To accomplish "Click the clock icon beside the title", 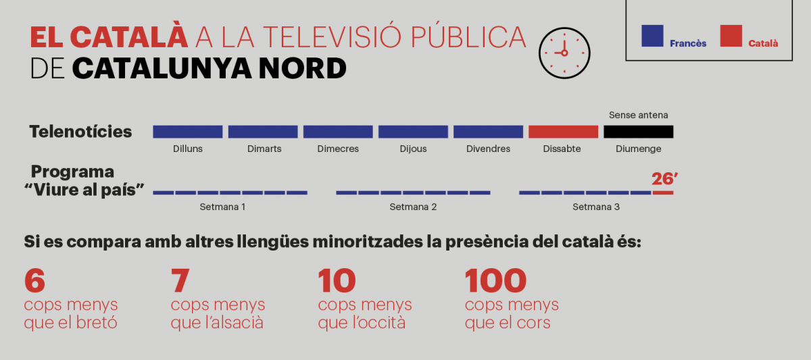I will coord(564,53).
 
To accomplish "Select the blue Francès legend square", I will coord(652,35).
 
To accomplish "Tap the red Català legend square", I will coord(731,35).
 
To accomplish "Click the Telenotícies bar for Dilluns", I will coord(187,132).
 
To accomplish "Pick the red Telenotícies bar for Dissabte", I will coord(563,132).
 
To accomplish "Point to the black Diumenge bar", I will coord(638,132).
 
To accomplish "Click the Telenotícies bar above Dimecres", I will coord(338,132).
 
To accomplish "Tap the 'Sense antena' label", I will coord(638,115).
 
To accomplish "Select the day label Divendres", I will coord(488,149).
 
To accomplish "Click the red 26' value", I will coord(664,179).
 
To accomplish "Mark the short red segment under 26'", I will coord(663,193).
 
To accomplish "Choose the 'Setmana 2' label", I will coord(413,207).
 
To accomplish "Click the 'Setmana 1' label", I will coord(222,207).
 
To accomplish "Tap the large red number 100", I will coord(495,280).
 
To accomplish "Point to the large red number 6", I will coord(34,280).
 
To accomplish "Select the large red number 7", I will coord(180,280).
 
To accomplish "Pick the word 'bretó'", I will coord(96,323).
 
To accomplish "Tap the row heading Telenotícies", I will coord(80,132).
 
